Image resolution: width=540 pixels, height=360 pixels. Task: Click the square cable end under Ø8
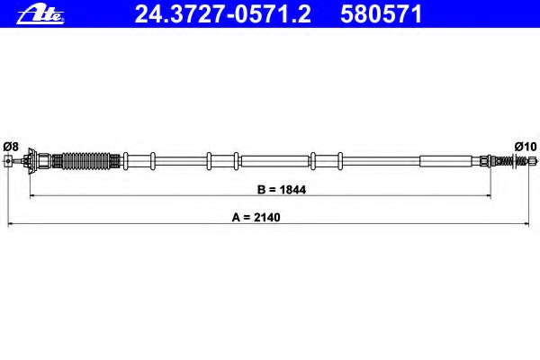(9, 161)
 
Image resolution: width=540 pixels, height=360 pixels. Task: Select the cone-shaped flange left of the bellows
(32, 161)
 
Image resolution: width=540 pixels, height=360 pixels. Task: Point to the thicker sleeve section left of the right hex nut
(445, 162)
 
